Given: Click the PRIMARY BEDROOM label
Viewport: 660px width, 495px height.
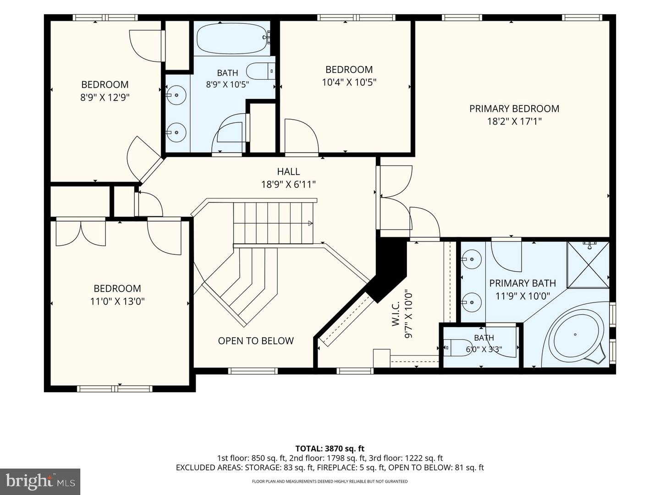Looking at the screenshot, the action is pos(514,109).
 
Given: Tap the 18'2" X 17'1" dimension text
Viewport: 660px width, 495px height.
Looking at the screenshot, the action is pos(514,121).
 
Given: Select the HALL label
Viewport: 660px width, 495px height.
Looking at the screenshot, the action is pos(288,171).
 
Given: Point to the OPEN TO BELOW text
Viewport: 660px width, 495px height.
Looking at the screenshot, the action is pos(256,341).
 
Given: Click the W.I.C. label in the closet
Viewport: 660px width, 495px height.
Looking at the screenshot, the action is pos(396,314).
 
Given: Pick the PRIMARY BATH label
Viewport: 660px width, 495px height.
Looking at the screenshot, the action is pos(522,283).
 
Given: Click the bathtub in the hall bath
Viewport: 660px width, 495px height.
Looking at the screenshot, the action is pos(232,38).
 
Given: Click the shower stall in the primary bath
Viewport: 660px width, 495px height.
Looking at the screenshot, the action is pos(588,265).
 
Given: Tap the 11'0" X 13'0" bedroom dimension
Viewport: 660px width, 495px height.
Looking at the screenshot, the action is pos(118,301).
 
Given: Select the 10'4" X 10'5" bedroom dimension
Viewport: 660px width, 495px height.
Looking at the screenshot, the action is pos(349,82).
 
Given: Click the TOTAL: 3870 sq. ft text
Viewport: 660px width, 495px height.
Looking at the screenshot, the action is pos(330,449).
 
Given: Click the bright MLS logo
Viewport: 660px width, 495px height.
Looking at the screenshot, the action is pos(40,481).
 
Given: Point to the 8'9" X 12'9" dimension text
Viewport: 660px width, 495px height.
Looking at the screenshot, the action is pos(105,97).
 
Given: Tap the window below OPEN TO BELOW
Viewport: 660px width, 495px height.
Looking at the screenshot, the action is pos(253,371).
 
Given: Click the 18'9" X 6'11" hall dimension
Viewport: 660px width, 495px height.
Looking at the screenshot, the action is pos(288,184).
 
